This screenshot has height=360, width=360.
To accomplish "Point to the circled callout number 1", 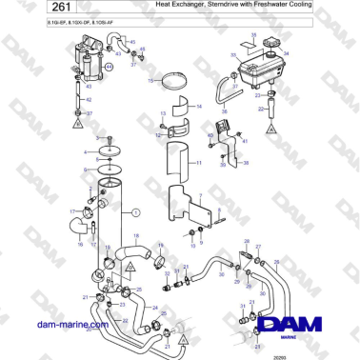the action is click(x=135, y=212).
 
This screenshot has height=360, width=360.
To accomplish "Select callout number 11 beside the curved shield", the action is click(x=198, y=164).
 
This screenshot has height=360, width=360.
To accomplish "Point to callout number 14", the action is click(x=198, y=107).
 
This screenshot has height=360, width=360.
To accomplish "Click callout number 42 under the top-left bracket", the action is click(x=89, y=98).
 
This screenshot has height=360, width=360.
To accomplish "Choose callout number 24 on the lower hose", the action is click(x=153, y=308).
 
